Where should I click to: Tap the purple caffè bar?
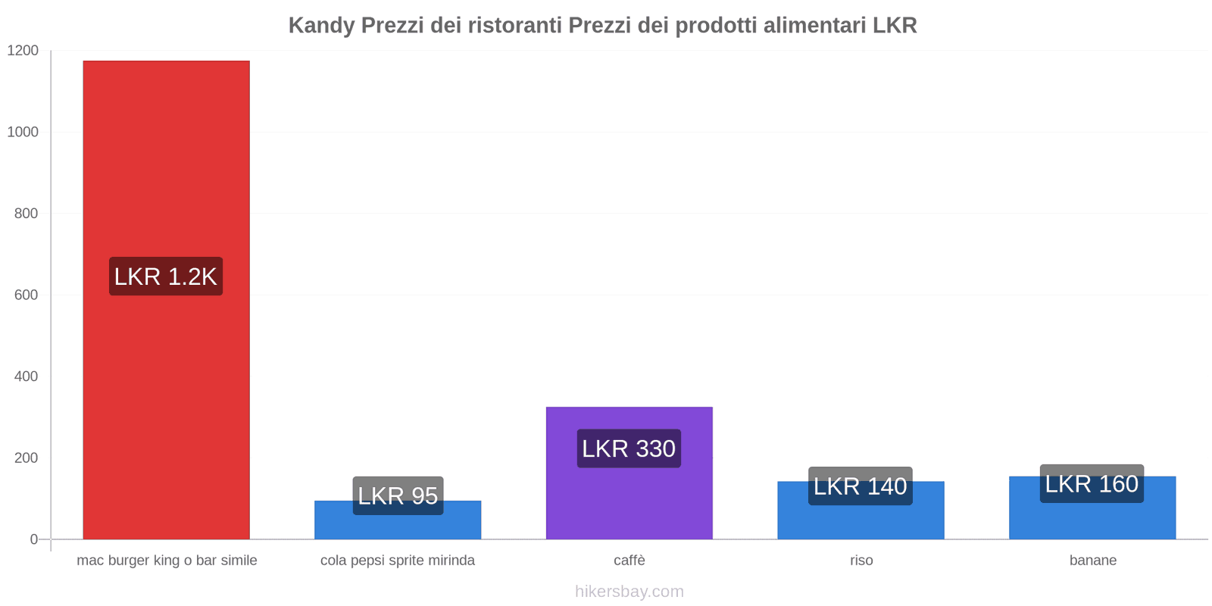tap(629, 500)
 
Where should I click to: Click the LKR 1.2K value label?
tap(166, 276)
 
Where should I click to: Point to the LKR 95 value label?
tap(398, 495)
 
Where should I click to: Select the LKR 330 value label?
tap(629, 448)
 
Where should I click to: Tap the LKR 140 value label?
tap(861, 486)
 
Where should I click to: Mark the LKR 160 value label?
tap(1092, 484)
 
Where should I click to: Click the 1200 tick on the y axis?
tap(23, 51)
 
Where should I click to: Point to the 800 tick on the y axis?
tap(26, 214)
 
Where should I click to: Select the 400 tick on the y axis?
tap(26, 376)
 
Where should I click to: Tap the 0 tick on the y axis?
tap(34, 539)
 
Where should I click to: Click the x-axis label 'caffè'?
tap(629, 561)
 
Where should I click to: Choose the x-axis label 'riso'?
tap(861, 561)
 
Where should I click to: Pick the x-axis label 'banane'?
tap(1092, 561)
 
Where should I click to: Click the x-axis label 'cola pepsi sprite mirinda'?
tap(398, 561)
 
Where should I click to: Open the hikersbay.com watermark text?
tap(629, 592)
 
